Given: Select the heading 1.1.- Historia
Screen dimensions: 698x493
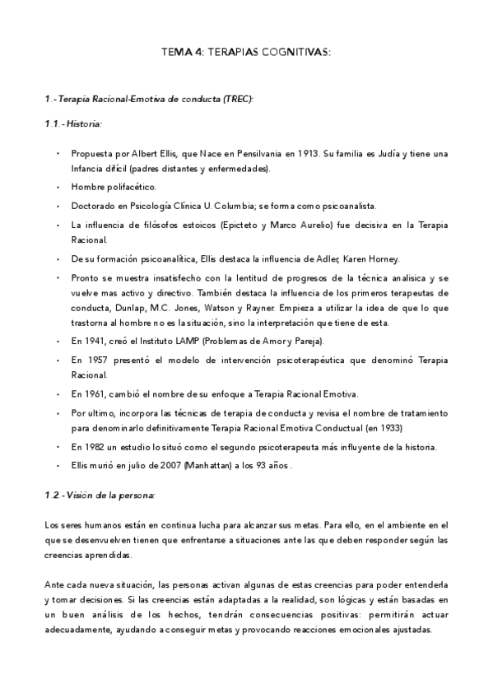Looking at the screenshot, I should [73, 123].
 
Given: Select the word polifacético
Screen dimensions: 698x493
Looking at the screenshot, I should [128, 188].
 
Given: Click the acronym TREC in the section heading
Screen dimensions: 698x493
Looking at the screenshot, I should [235, 99].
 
